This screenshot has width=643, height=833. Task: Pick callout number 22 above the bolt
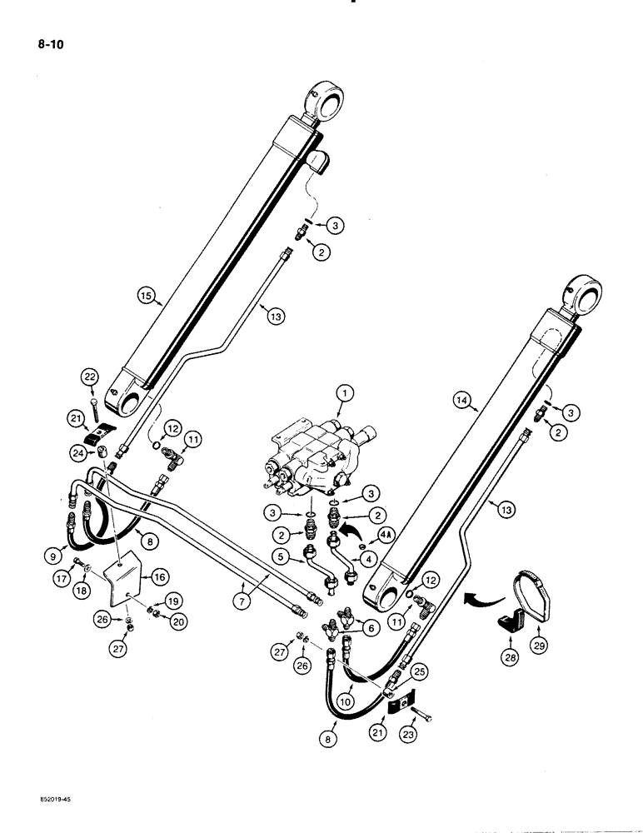(x=91, y=378)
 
